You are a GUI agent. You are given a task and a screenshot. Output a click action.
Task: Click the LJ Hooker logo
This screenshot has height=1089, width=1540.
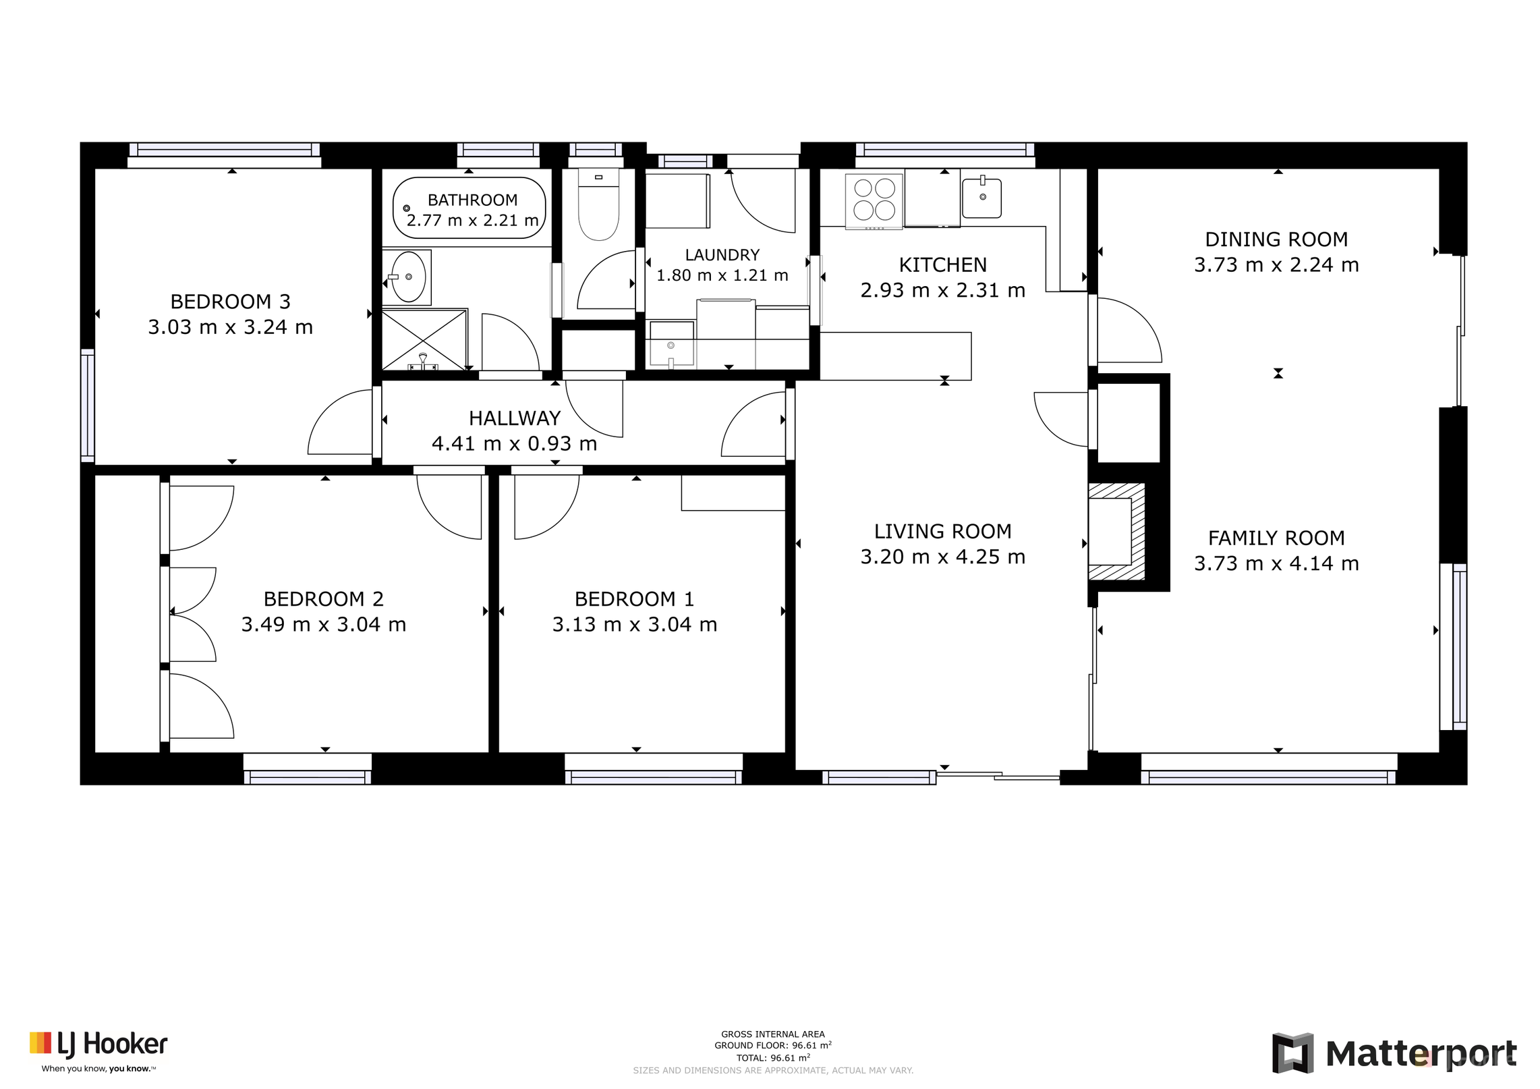[98, 1051]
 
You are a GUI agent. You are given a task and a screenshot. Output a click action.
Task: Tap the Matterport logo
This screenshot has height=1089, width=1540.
[1394, 1053]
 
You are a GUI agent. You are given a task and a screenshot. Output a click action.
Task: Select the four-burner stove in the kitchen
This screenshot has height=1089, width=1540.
[874, 200]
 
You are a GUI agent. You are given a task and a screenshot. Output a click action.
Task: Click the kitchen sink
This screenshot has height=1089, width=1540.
[981, 197]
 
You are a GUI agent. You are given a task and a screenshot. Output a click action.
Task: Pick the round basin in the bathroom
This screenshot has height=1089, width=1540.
[408, 277]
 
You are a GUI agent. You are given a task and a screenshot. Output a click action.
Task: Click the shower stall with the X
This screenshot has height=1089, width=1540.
[424, 339]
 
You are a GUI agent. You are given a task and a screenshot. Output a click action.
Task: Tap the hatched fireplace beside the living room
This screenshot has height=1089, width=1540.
[1116, 532]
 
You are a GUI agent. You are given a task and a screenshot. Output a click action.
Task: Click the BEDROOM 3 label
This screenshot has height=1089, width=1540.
[230, 301]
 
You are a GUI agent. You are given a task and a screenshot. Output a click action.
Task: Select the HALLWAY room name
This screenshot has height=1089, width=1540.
[515, 418]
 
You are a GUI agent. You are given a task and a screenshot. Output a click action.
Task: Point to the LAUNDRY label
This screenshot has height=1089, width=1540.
[722, 255]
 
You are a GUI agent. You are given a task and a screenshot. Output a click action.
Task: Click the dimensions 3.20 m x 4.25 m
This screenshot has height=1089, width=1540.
[942, 557]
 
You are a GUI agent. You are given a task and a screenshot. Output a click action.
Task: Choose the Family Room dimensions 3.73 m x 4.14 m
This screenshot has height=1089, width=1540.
[1276, 563]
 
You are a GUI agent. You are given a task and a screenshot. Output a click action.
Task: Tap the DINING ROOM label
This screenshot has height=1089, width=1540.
[1276, 240]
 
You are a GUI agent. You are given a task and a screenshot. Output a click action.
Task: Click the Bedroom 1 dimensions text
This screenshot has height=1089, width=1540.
[635, 624]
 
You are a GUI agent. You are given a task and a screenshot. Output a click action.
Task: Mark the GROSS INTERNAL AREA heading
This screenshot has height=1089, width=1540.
[773, 1034]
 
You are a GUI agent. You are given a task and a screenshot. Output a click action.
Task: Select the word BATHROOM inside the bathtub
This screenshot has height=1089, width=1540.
[472, 200]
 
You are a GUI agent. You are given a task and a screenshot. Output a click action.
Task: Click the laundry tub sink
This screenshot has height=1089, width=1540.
[671, 345]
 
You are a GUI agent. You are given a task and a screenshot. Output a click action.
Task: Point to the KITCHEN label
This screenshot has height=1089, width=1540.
[942, 265]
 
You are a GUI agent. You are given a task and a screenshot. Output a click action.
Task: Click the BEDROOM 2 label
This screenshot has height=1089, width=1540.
[324, 598]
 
